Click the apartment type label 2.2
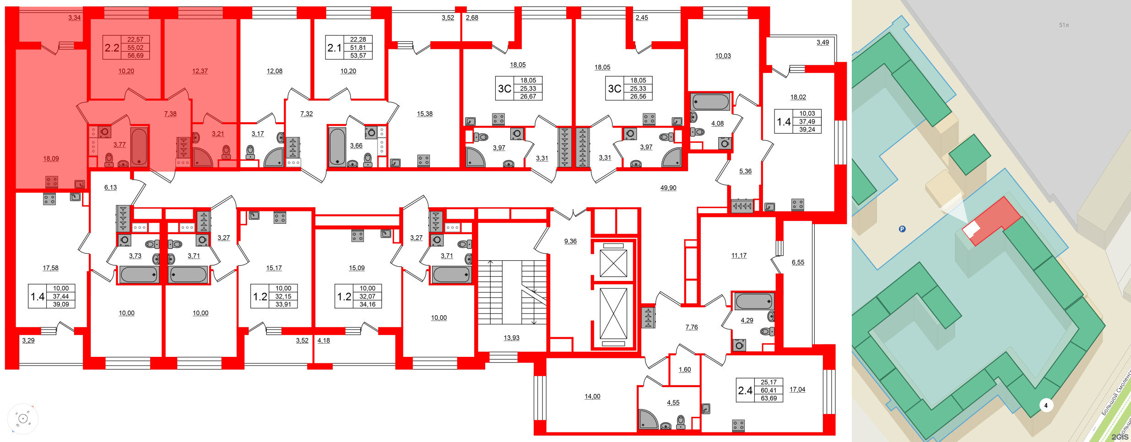112,48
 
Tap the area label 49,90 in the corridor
668,188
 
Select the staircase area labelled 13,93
511,338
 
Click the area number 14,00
592,396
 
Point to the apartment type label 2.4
745,390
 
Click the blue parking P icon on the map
902,229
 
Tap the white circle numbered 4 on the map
1045,405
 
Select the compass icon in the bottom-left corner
22,419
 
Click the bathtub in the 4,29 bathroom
753,302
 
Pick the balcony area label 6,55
798,262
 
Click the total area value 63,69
768,398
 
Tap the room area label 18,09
51,158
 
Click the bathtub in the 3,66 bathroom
337,147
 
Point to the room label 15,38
424,113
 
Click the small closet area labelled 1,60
684,369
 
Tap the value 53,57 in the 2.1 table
358,55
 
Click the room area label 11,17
738,255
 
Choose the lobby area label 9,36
570,241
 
